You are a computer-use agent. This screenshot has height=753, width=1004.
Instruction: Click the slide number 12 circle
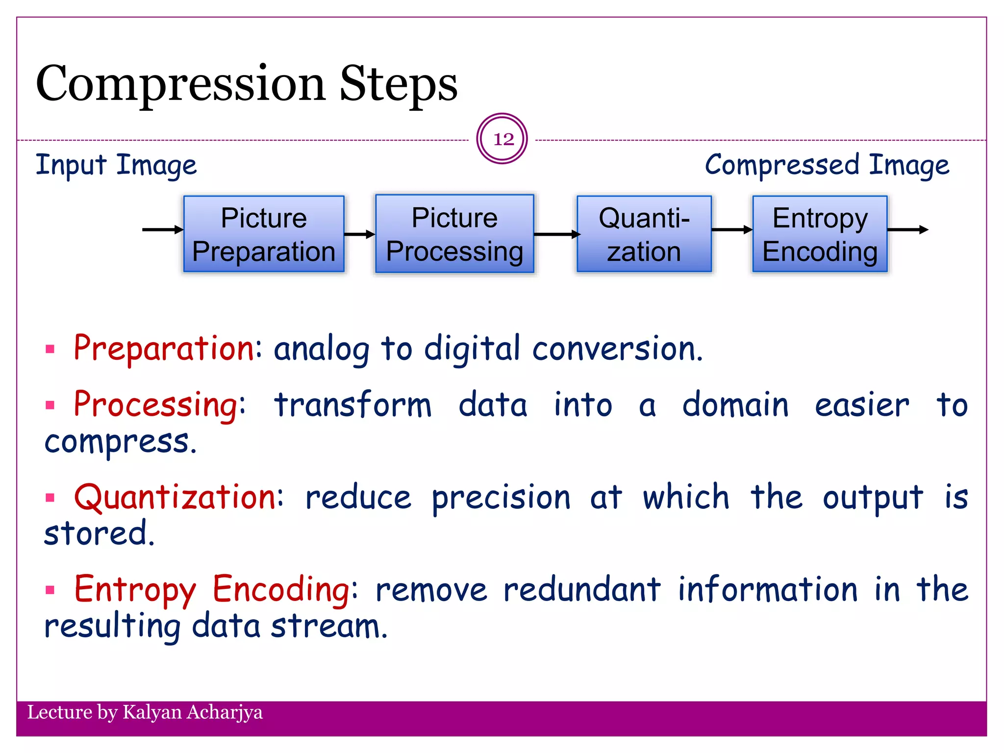coord(502,139)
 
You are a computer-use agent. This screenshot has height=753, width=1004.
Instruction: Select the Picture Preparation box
coord(264,234)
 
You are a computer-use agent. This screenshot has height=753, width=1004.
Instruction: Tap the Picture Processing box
coord(454,234)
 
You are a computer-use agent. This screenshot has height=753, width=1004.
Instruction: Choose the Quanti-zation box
coord(644,234)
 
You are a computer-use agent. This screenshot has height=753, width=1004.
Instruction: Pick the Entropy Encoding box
coord(820,234)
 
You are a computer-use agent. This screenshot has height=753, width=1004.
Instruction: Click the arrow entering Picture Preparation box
coord(162,229)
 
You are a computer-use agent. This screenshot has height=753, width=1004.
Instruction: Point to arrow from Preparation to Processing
coord(359,234)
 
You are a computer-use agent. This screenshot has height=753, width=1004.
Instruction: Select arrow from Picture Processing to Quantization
coord(556,234)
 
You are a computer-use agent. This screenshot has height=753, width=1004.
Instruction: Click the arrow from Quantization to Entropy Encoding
coord(731,229)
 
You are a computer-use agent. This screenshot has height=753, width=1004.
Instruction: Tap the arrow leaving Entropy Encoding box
coord(907,229)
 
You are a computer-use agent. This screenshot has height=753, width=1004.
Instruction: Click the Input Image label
coord(116,165)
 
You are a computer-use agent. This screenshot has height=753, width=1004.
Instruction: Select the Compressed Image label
coord(827,165)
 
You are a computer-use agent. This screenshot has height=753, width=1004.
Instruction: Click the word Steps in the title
coord(398,84)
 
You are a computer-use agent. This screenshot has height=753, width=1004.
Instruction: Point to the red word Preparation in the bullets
coord(164,349)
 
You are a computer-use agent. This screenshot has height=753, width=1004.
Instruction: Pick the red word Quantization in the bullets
coord(176,497)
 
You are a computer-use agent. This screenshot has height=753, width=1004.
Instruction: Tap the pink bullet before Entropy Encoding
coord(50,589)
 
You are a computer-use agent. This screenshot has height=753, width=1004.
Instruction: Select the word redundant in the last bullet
coord(581,589)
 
